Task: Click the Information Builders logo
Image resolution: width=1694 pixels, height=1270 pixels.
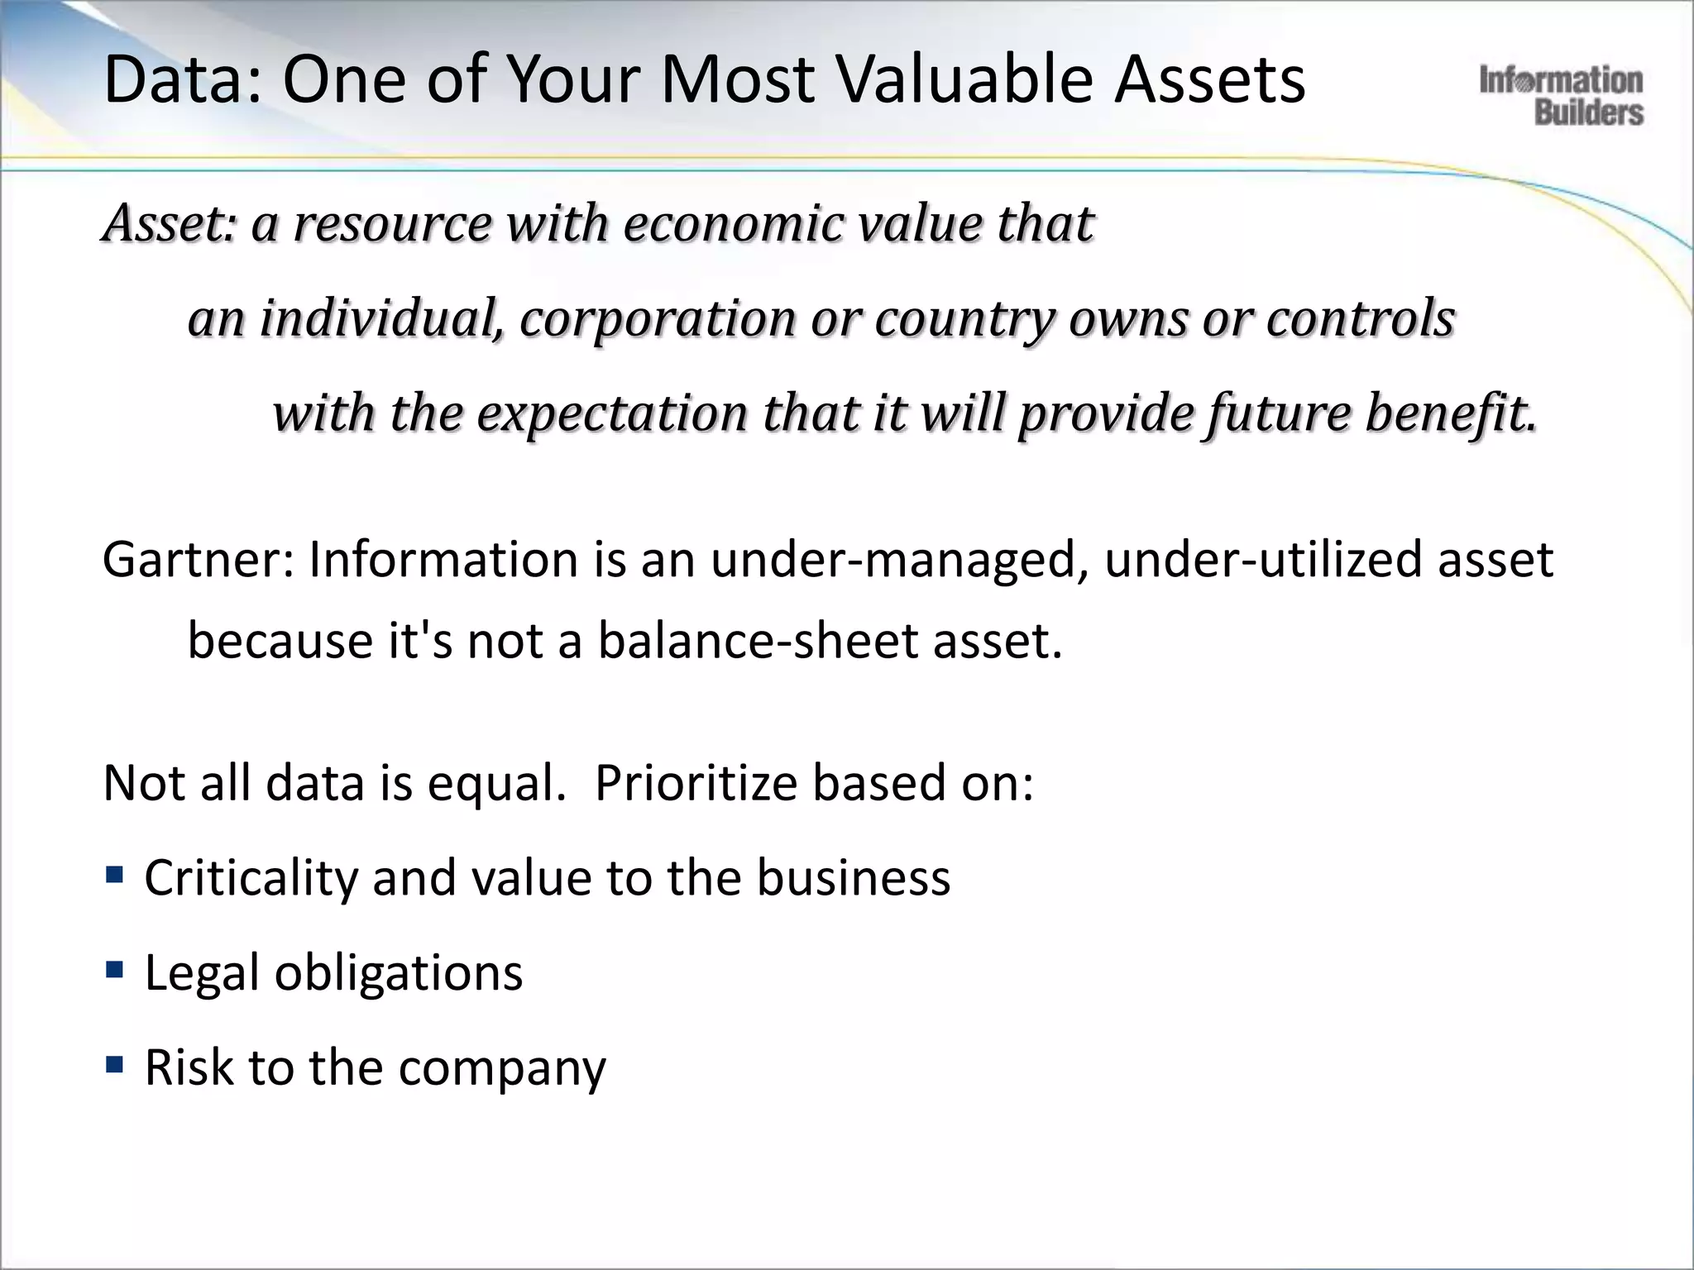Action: [1561, 96]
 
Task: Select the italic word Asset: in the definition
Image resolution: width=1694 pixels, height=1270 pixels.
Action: [170, 224]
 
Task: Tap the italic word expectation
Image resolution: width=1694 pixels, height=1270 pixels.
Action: [612, 413]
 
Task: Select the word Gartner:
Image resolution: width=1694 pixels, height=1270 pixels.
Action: [199, 561]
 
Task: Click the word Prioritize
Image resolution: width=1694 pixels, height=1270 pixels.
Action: [695, 783]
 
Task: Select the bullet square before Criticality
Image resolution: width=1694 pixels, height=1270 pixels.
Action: [115, 874]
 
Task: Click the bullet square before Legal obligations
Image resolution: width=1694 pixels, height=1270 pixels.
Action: [115, 968]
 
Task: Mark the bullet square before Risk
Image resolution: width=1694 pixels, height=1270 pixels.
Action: [115, 1063]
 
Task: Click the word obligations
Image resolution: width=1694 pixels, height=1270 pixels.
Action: [399, 973]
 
